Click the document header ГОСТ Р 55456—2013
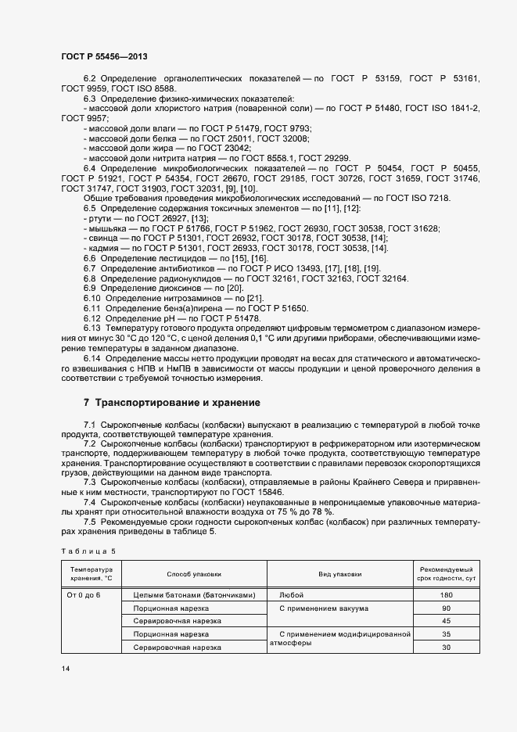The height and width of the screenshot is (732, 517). click(103, 57)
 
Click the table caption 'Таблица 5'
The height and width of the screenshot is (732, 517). click(88, 551)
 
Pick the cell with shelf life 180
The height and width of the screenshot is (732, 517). click(447, 594)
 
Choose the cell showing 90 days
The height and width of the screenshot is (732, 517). click(447, 608)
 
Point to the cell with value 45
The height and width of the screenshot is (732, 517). click(447, 621)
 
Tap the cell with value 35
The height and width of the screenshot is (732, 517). click(447, 634)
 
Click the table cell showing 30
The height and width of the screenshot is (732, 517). click(447, 648)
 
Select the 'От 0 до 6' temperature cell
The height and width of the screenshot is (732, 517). click(85, 594)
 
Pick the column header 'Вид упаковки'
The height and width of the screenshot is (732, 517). click(339, 574)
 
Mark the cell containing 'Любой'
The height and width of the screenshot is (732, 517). click(291, 594)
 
